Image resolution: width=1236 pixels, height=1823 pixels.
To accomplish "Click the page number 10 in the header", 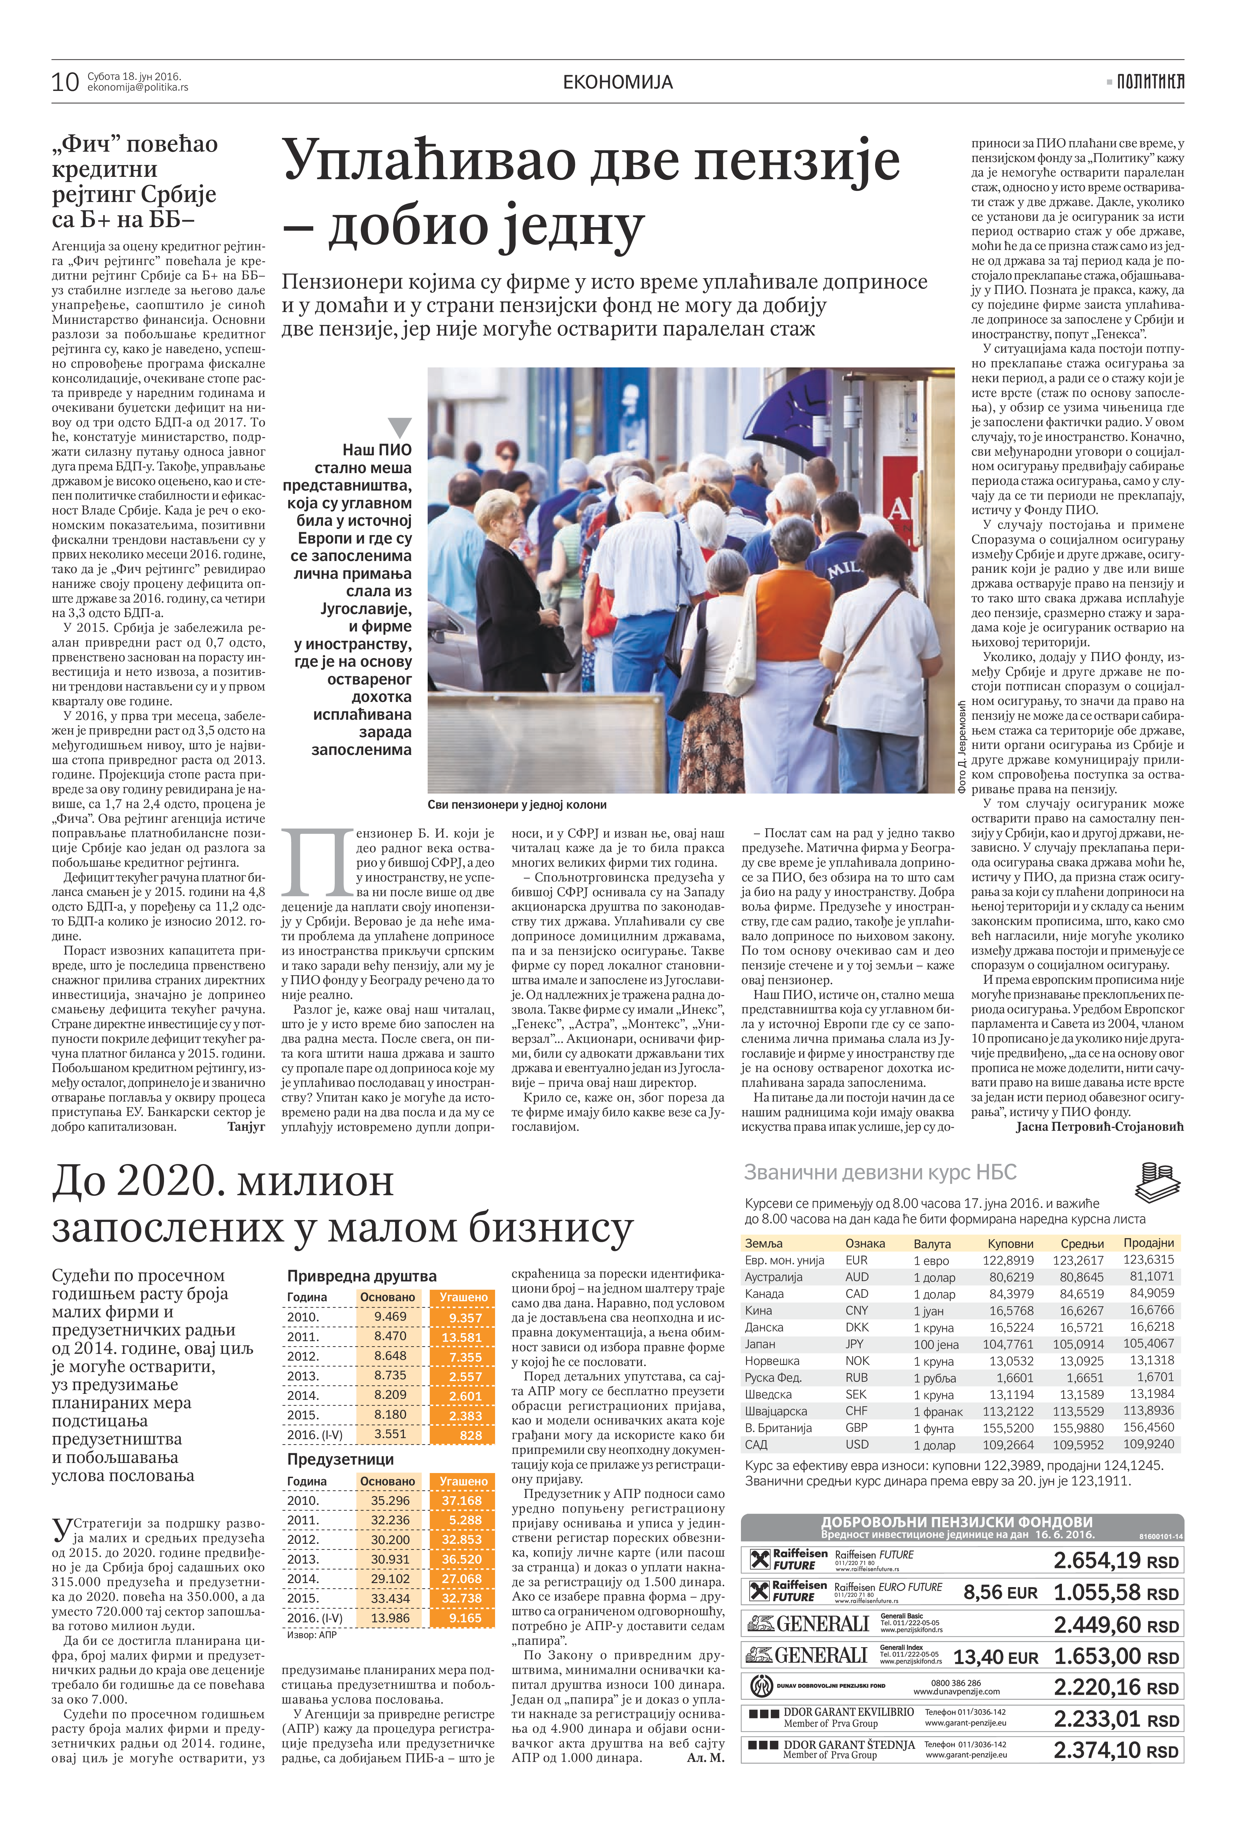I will point(65,82).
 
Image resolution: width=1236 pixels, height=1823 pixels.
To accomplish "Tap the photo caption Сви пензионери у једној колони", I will point(517,805).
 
